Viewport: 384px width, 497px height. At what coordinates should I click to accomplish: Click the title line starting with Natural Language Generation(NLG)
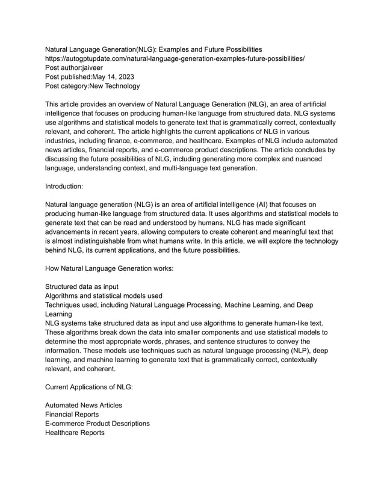point(153,49)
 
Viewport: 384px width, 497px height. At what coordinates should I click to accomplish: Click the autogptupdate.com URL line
point(175,58)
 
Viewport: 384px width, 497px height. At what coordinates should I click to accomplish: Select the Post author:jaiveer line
point(75,68)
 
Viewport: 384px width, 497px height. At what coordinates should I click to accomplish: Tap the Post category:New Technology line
point(92,87)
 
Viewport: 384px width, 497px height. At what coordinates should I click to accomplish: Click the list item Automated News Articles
point(84,406)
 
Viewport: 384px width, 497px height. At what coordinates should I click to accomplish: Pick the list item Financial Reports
point(72,415)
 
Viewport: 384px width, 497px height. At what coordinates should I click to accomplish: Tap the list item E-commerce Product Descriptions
point(98,424)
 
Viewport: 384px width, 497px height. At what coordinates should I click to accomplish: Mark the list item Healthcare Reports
point(75,433)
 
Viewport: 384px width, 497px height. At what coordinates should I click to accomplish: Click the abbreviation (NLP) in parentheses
point(286,350)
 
